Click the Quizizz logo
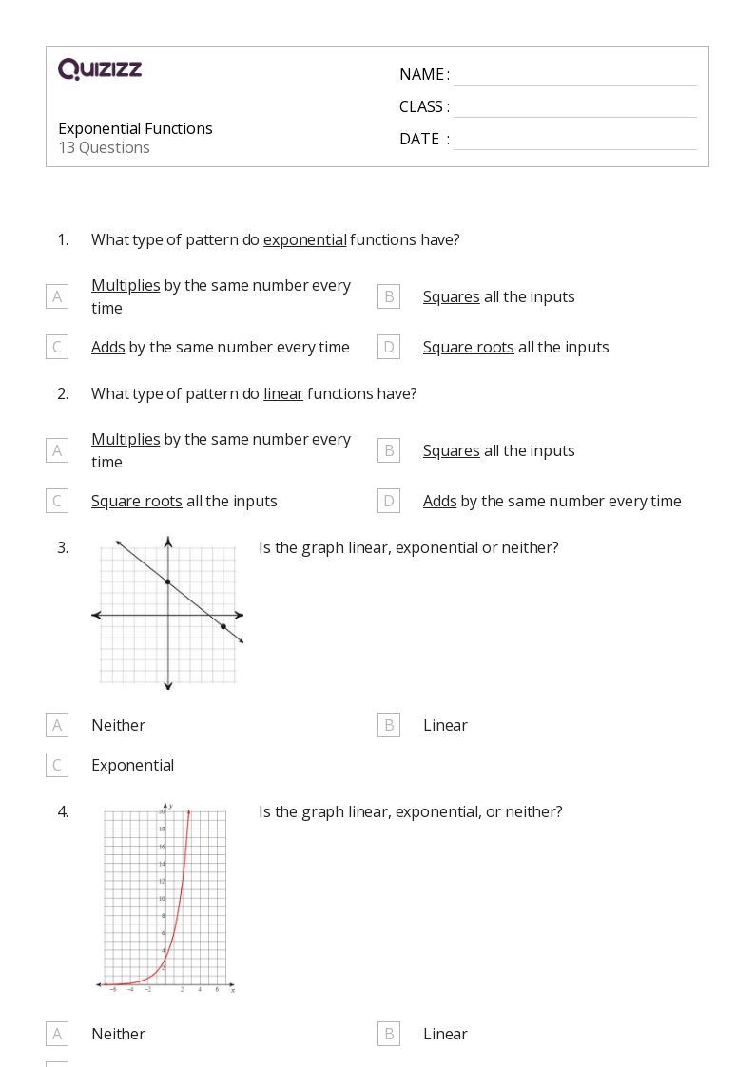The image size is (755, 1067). click(100, 69)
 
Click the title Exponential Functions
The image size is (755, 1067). click(135, 128)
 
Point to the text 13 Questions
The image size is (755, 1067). click(104, 147)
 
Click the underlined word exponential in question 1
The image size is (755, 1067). click(304, 239)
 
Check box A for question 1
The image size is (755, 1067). click(57, 296)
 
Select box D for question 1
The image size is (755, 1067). click(388, 347)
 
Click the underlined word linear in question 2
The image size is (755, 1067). click(283, 393)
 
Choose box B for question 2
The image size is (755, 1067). click(388, 450)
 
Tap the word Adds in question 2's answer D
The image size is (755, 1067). click(439, 501)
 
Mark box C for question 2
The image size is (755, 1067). click(57, 501)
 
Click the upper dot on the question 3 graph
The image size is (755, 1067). click(168, 581)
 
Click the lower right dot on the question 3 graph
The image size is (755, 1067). click(223, 626)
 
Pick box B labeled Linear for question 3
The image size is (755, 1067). click(388, 725)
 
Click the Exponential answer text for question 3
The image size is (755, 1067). click(132, 765)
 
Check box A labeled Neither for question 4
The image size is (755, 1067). click(57, 1034)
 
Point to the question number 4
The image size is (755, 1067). click(63, 811)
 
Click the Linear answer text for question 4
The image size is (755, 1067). click(445, 1034)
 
